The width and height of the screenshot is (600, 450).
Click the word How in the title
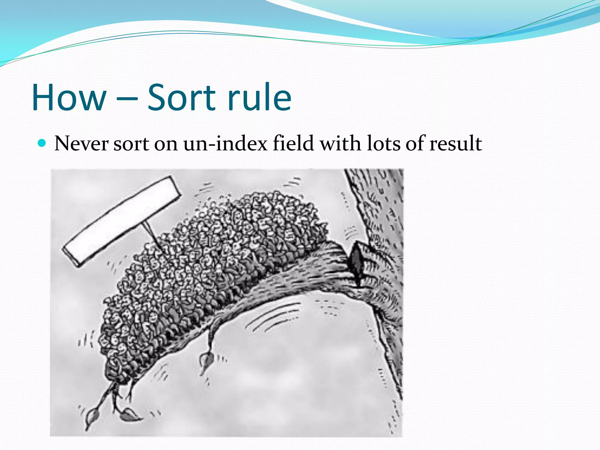[x=69, y=98]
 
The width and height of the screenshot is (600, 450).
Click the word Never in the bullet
[x=81, y=144]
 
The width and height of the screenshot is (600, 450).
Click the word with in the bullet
[x=340, y=144]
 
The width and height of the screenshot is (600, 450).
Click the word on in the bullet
[x=166, y=144]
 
